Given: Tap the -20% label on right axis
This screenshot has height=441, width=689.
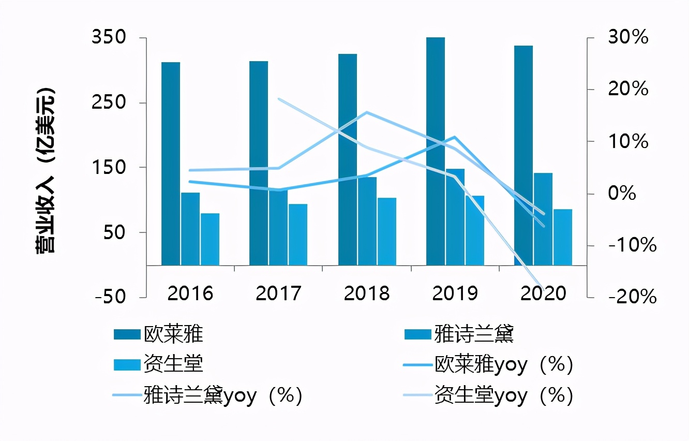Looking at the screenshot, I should tap(632, 297).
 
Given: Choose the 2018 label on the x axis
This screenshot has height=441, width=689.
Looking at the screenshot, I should tap(367, 293).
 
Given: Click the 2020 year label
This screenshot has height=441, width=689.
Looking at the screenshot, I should tap(543, 293).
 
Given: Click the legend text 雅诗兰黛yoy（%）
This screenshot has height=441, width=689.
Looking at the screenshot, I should tap(223, 396).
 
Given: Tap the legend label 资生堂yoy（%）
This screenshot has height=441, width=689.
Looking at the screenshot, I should tap(504, 396).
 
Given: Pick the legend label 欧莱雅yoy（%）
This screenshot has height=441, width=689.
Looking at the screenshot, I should tap(504, 365).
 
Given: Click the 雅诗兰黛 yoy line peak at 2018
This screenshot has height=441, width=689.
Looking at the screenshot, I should tap(366, 112).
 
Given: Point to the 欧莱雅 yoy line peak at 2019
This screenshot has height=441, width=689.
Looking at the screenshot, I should tap(454, 137).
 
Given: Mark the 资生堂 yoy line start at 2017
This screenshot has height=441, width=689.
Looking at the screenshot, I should tap(279, 99).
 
